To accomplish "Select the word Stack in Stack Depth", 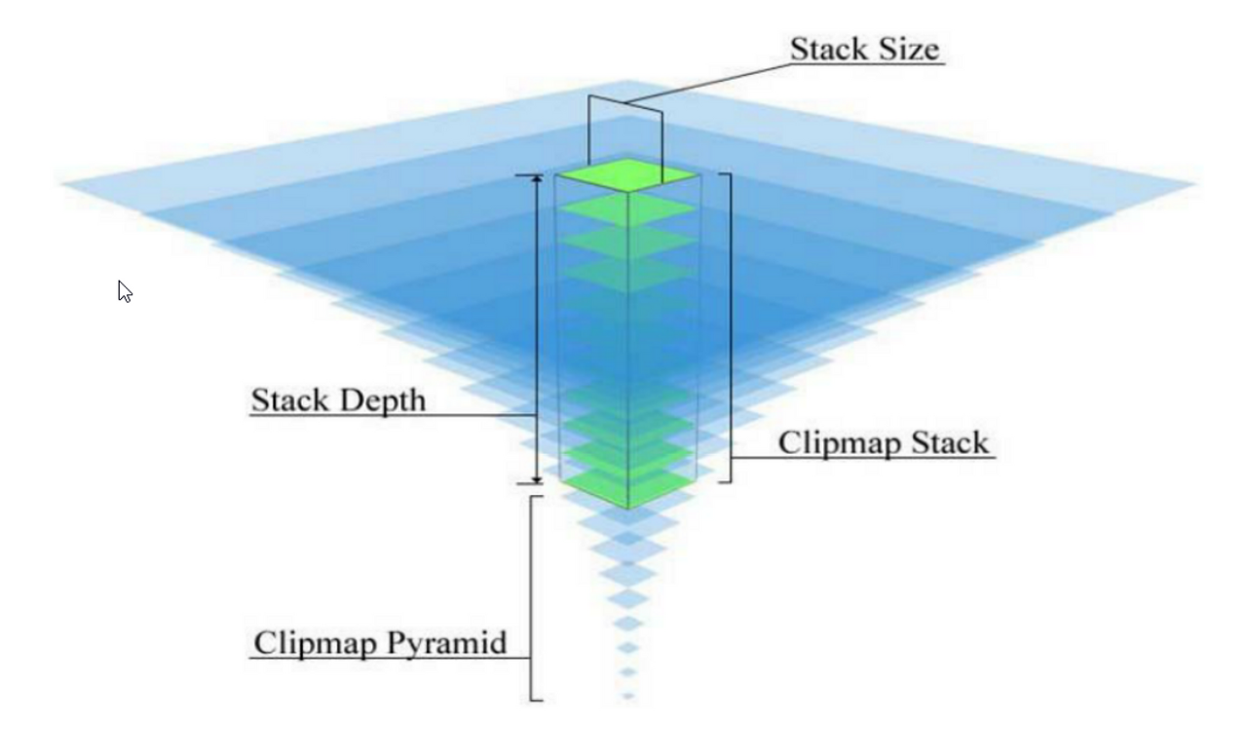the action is coord(287,399).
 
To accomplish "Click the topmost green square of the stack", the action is coord(626,173).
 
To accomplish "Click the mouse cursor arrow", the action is coord(124,290).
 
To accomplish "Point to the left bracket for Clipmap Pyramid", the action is coord(533,597).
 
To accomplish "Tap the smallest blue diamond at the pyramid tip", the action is coord(627,695).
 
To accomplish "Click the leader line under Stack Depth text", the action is coord(390,417).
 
